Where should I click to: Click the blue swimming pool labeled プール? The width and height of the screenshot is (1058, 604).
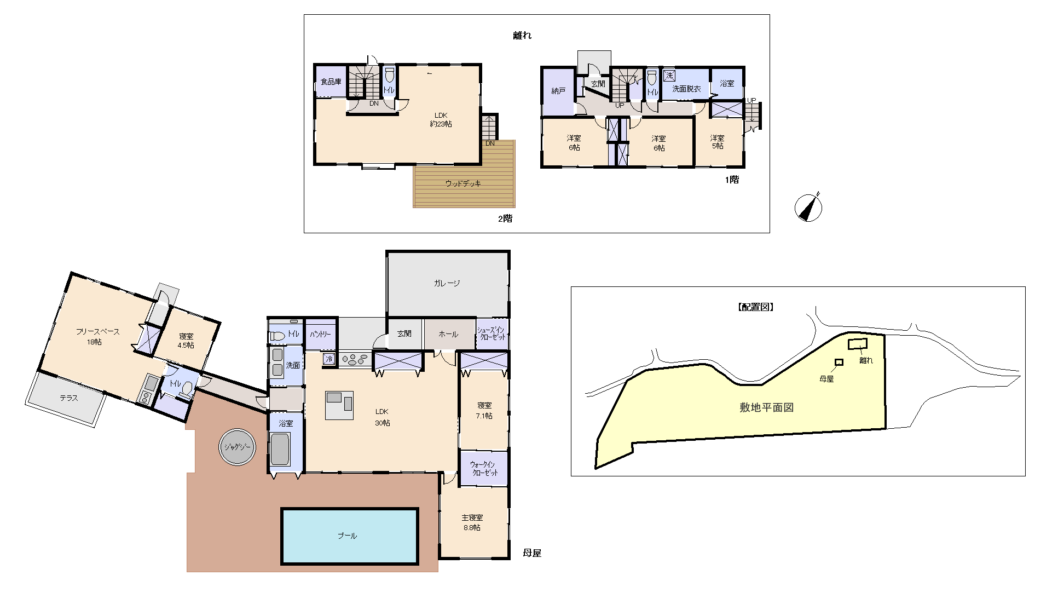[x=350, y=536]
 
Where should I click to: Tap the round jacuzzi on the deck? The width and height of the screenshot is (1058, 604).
[x=237, y=447]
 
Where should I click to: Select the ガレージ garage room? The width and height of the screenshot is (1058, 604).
[x=448, y=284]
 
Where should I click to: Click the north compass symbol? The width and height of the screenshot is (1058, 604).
[x=808, y=208]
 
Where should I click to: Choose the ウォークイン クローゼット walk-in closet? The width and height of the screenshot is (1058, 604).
[x=484, y=468]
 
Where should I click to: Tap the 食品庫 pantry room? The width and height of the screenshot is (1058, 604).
[x=331, y=82]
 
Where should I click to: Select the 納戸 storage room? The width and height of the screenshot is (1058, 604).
[x=558, y=91]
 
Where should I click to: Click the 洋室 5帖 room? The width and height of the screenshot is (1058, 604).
[x=718, y=142]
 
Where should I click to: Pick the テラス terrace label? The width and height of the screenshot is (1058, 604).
[x=69, y=398]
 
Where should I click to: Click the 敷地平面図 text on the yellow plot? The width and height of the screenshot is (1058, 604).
[x=766, y=407]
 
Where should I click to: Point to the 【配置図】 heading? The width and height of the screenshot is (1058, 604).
[x=755, y=307]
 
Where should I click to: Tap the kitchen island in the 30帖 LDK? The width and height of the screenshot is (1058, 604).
[x=339, y=405]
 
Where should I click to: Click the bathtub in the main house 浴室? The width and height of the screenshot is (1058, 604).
[x=280, y=449]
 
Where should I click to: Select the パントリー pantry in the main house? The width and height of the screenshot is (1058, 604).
[x=320, y=334]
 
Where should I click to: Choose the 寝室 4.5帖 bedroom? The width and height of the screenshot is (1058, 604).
[x=187, y=341]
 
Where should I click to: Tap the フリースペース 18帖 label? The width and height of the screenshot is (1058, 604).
[x=97, y=336]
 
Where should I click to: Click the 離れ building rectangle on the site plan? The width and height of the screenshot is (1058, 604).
[x=858, y=344]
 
